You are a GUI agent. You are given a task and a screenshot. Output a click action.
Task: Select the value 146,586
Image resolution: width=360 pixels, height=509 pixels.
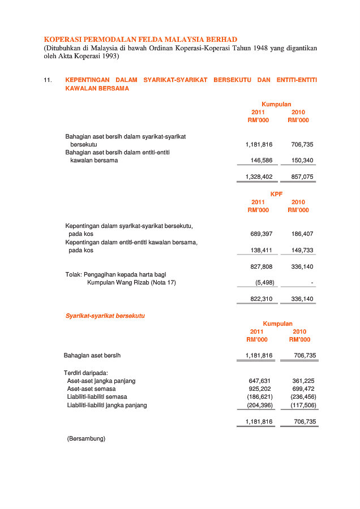click(x=261, y=161)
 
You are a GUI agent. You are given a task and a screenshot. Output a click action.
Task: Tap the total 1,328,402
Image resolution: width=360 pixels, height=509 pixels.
click(x=259, y=177)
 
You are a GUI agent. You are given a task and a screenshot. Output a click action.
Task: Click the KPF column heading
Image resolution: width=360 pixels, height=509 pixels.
click(x=276, y=194)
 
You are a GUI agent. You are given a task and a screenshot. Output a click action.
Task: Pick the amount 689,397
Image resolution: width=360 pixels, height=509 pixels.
click(x=261, y=234)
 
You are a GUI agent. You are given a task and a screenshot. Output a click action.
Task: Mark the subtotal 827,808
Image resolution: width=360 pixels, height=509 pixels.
click(x=261, y=266)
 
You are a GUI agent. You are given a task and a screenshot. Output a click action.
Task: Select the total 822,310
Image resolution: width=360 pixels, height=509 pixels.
click(x=261, y=299)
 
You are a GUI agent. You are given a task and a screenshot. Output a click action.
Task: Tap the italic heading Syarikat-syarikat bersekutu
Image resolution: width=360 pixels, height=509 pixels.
click(x=105, y=316)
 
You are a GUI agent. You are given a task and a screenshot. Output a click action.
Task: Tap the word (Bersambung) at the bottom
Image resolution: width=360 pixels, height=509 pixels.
click(x=86, y=438)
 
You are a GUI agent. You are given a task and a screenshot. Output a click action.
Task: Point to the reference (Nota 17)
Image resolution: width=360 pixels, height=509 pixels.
click(x=162, y=283)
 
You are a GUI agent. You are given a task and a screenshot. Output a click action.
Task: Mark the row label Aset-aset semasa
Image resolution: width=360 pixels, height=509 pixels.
click(x=91, y=389)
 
